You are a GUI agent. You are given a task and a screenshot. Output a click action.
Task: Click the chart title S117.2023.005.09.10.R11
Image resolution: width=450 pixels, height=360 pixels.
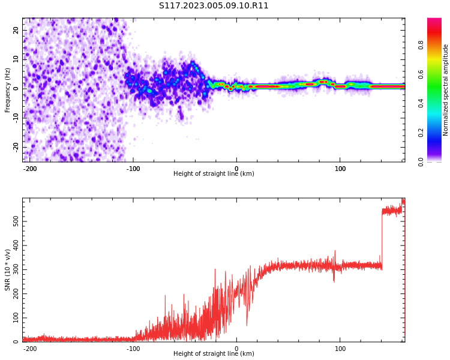[214, 6]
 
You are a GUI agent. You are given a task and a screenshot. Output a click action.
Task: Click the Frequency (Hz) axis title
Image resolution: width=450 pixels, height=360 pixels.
[8, 90]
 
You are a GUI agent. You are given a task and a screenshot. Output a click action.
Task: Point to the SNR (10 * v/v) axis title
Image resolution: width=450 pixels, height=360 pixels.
[8, 270]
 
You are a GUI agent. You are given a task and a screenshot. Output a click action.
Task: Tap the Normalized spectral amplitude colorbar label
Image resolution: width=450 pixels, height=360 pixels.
[446, 90]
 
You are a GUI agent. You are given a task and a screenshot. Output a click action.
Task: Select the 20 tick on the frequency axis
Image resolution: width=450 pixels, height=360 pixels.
[16, 30]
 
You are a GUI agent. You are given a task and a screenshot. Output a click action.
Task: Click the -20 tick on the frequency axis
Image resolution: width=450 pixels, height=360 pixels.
[14, 146]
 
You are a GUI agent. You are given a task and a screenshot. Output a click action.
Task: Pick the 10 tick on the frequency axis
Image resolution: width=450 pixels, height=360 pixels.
[16, 59]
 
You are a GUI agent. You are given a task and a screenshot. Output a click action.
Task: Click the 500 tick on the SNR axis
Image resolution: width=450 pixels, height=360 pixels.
[13, 222]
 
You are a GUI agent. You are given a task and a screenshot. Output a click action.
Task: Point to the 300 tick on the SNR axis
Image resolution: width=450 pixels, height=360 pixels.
[13, 270]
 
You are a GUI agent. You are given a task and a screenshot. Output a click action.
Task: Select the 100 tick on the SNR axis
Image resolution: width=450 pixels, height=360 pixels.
[13, 318]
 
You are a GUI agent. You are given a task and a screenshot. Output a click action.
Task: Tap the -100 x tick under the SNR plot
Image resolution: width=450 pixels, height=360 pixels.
[133, 349]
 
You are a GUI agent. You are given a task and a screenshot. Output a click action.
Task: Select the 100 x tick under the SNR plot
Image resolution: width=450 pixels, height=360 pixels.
[340, 349]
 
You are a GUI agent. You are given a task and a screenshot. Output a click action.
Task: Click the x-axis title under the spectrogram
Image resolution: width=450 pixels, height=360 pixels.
[214, 174]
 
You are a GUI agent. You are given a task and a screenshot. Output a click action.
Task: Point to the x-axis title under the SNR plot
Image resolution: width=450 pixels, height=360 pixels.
[214, 354]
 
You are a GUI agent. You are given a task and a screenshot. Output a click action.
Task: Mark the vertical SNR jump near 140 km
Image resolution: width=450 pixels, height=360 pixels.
[382, 237]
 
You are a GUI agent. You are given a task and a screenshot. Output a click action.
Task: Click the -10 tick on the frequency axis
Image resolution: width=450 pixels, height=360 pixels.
[14, 118]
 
